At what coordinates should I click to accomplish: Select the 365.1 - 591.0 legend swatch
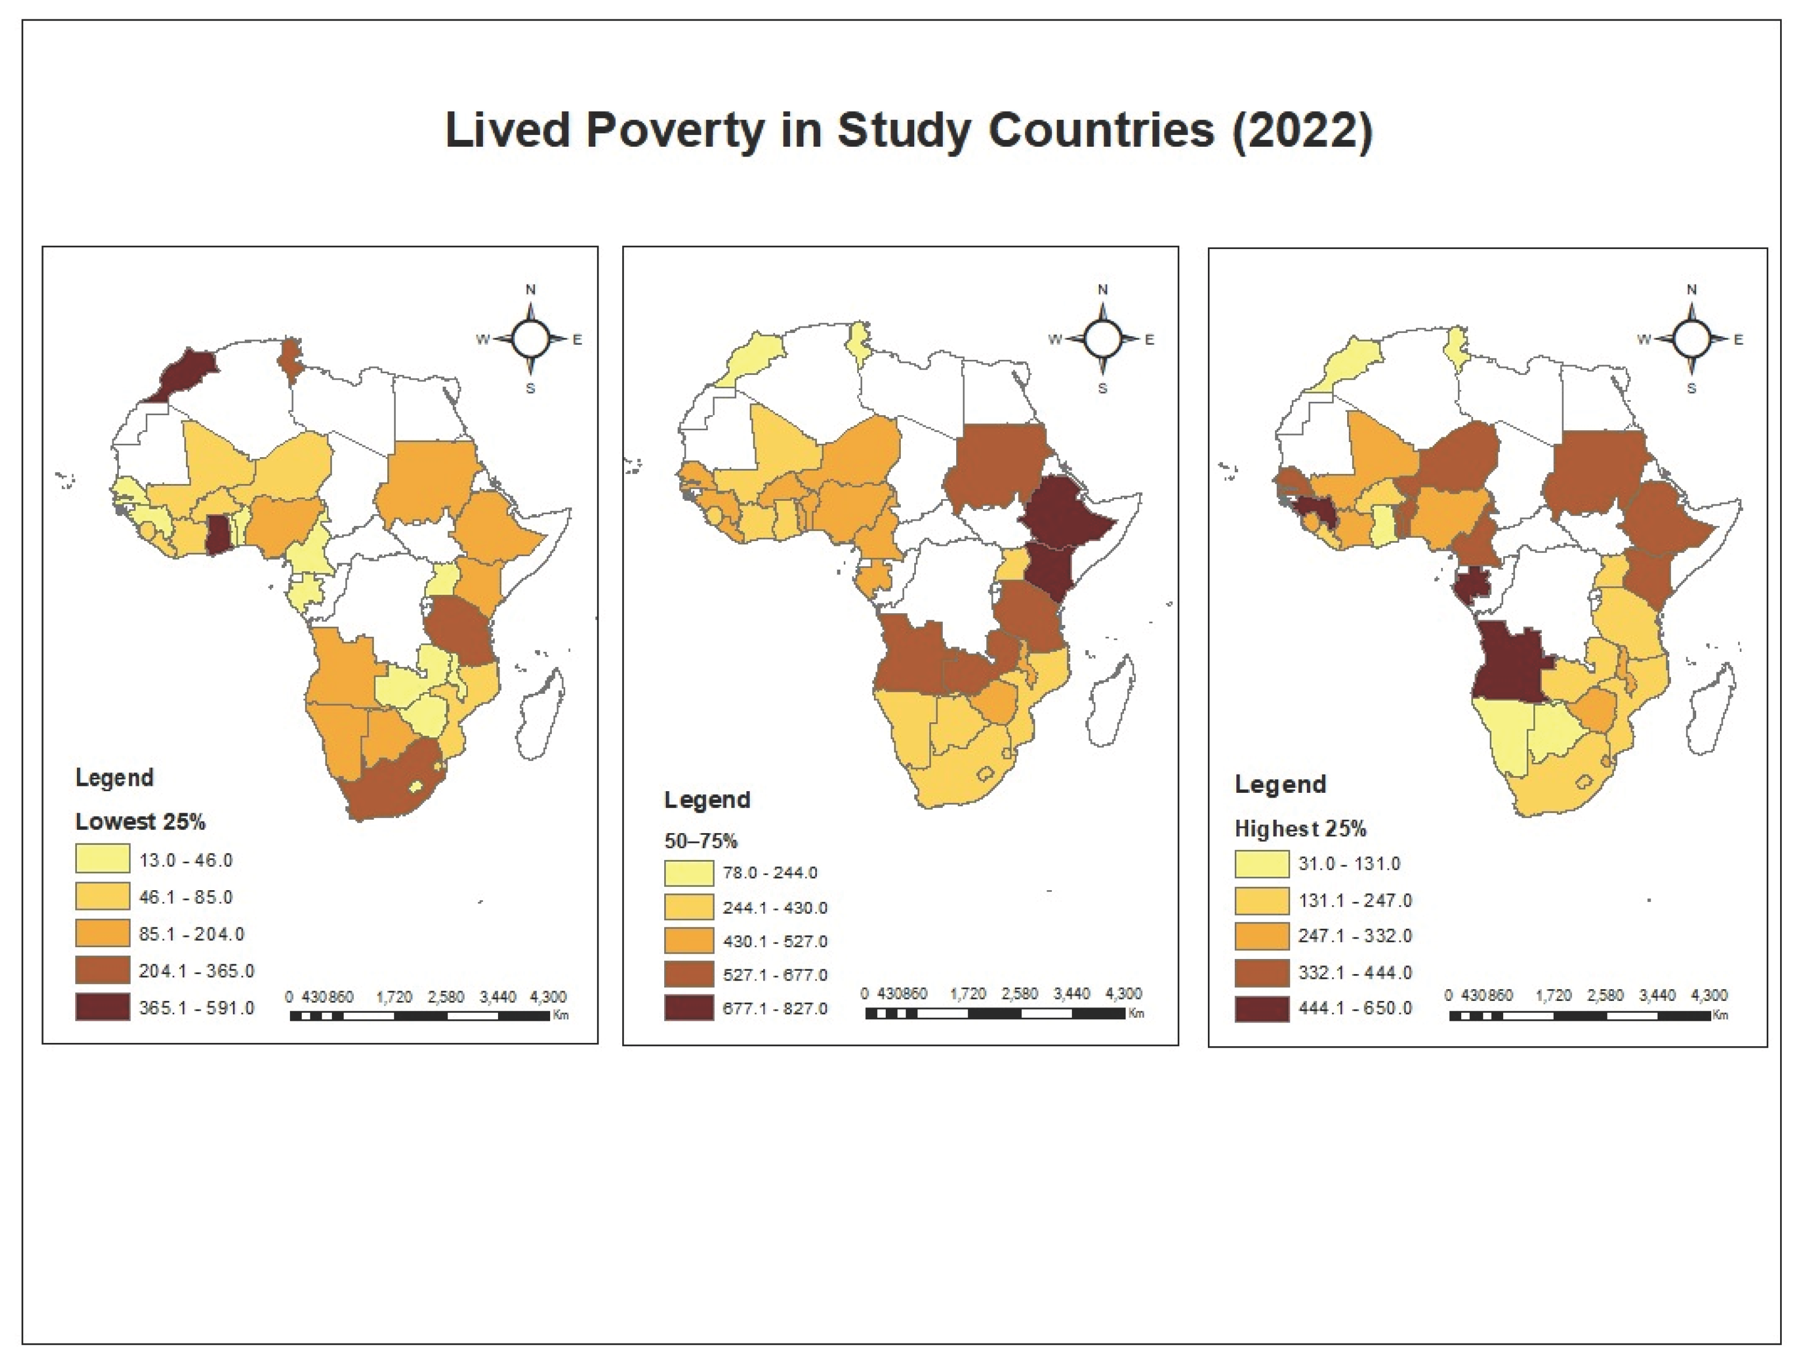pyautogui.click(x=103, y=1007)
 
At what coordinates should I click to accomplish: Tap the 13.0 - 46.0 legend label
pyautogui.click(x=186, y=860)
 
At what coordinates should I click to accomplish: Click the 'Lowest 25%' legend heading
pyautogui.click(x=140, y=822)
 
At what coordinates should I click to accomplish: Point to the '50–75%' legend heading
pyautogui.click(x=701, y=841)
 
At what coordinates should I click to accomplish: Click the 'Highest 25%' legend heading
pyautogui.click(x=1300, y=828)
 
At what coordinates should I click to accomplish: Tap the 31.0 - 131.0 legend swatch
pyautogui.click(x=1261, y=863)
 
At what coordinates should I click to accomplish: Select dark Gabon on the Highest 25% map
pyautogui.click(x=1470, y=586)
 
